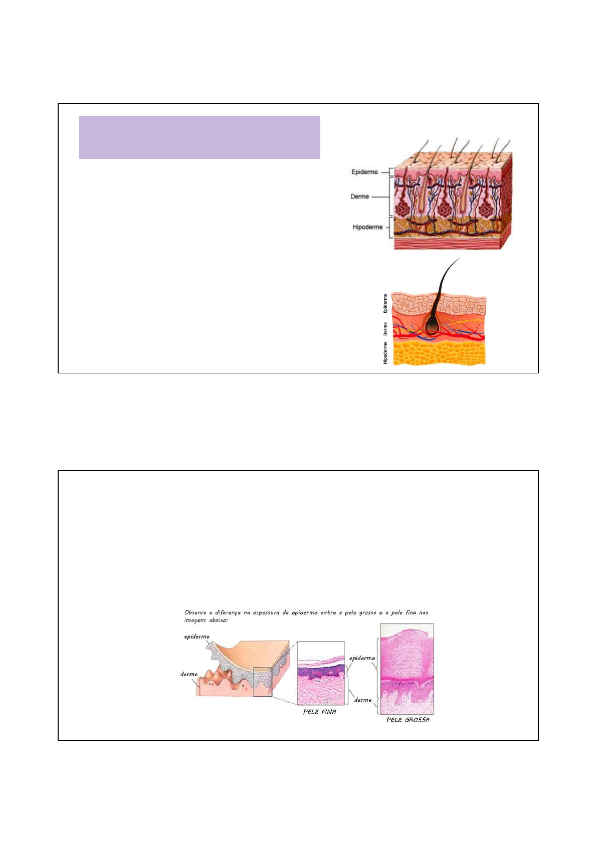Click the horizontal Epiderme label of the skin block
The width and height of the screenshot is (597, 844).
click(364, 172)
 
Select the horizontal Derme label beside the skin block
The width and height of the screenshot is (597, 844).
click(359, 196)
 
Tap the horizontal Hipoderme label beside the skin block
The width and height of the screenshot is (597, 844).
click(367, 227)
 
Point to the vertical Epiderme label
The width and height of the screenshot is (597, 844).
click(385, 303)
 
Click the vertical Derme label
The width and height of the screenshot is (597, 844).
click(385, 329)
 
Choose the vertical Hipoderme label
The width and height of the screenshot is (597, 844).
click(385, 352)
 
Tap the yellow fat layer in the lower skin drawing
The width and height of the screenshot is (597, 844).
click(439, 352)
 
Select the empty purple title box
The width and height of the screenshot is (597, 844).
click(200, 137)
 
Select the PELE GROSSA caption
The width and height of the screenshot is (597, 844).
click(408, 720)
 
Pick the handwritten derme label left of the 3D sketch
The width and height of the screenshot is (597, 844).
click(189, 674)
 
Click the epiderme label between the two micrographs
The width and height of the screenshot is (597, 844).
click(362, 658)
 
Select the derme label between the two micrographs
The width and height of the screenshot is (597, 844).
click(363, 700)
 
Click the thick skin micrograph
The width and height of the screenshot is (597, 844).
click(407, 669)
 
